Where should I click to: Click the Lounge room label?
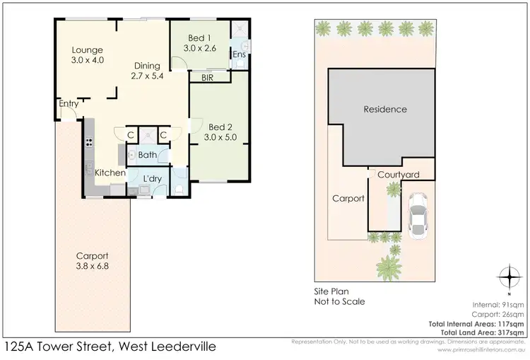point(88,55)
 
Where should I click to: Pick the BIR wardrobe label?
point(208,78)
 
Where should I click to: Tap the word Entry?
point(69,104)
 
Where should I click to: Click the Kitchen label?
point(110,173)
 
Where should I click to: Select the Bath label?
point(147,154)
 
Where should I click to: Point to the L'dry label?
point(153,178)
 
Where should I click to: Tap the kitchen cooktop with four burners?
point(90,141)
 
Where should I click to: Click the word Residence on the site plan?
point(385,109)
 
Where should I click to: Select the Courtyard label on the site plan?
point(399,175)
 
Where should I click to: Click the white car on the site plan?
point(417,216)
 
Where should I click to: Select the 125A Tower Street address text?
point(110,347)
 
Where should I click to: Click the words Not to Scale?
point(339,301)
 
